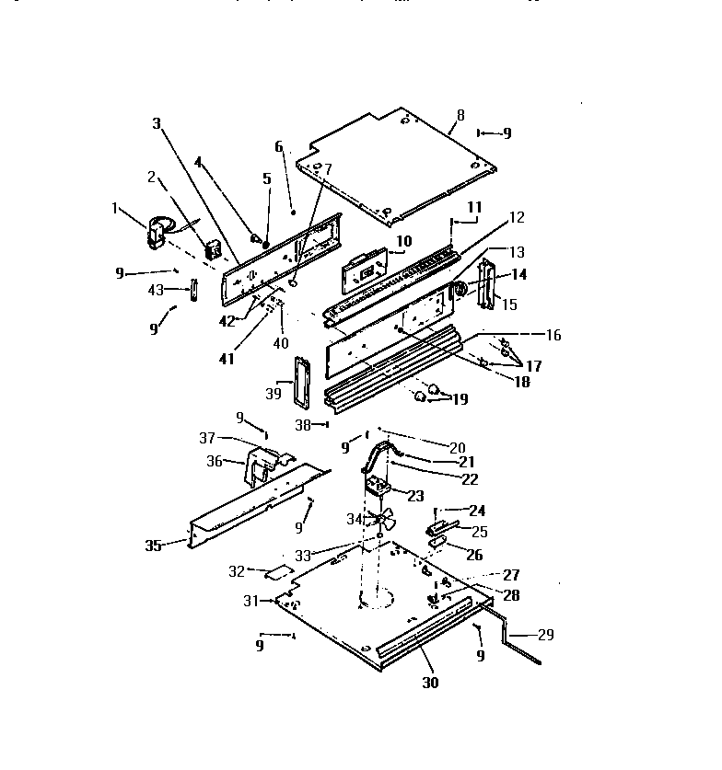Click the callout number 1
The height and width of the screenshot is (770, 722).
tap(115, 209)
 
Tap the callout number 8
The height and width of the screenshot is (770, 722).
tap(460, 115)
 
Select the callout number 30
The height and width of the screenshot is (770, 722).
tap(430, 683)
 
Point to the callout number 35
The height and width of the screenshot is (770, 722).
tap(153, 545)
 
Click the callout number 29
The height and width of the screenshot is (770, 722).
tap(545, 635)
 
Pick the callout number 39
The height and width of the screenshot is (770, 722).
tap(273, 393)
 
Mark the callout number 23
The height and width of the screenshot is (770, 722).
tap(414, 496)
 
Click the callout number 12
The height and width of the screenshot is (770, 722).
tap(516, 217)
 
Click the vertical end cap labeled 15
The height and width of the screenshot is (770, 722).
tap(487, 283)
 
